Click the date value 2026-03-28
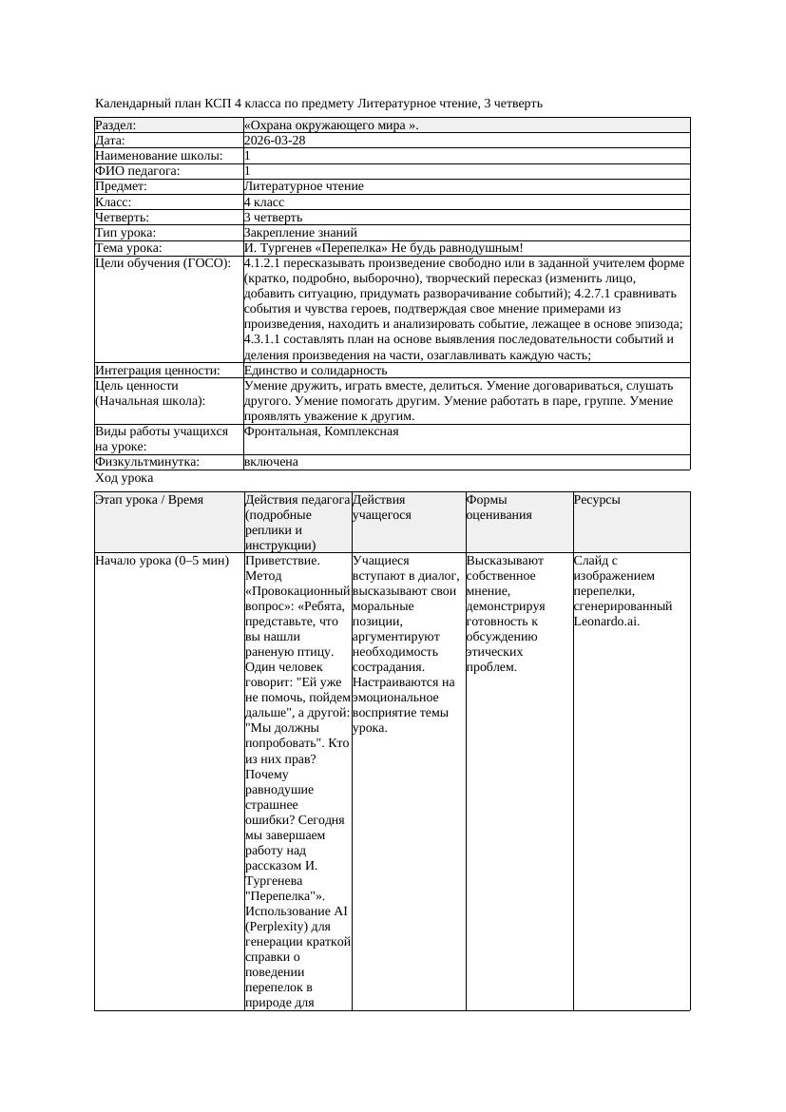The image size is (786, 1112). [x=275, y=141]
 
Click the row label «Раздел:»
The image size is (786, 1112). [x=116, y=125]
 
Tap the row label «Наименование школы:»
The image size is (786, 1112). [x=160, y=156]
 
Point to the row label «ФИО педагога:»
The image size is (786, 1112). [x=138, y=171]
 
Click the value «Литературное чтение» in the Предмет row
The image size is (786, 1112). [x=303, y=186]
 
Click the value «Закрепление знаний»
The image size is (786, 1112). [x=300, y=233]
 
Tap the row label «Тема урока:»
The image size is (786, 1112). [x=128, y=248]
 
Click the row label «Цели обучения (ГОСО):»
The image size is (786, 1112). [x=163, y=263]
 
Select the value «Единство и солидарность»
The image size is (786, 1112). [x=316, y=371]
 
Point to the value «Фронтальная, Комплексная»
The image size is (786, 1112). [x=321, y=431]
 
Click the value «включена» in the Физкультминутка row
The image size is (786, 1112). [x=271, y=462]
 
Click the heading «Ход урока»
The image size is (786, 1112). [x=124, y=479]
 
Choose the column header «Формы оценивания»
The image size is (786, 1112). [x=499, y=507]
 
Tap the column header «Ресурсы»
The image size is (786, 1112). [x=597, y=500]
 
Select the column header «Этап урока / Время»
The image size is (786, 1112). [x=149, y=500]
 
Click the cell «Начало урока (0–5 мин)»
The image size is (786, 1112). [x=163, y=561]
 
